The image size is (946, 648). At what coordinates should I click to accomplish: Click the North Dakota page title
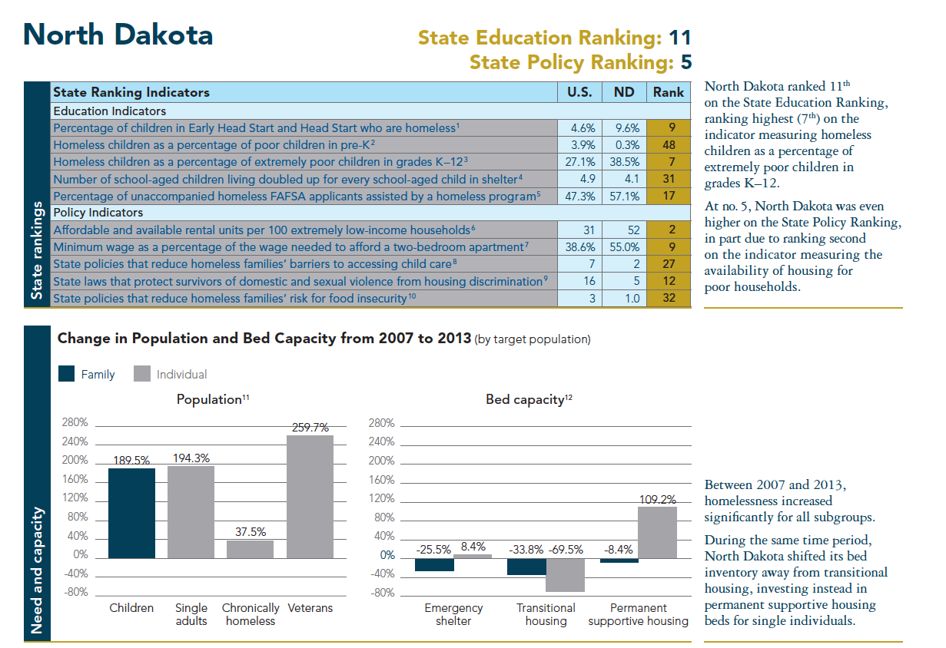pos(118,35)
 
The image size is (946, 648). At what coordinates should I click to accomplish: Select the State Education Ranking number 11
pos(679,38)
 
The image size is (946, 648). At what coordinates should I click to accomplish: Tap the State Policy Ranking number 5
pos(686,61)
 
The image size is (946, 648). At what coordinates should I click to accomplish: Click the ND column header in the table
pos(624,92)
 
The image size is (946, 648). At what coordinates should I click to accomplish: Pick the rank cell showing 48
pos(669,144)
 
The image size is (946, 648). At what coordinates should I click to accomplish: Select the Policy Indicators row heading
pos(98,213)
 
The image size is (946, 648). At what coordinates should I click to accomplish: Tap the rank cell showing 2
pos(669,230)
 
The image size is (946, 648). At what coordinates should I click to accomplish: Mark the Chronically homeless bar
pos(251,548)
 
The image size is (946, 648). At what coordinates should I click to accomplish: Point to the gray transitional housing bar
pos(566,574)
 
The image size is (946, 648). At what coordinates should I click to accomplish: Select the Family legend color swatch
pos(67,374)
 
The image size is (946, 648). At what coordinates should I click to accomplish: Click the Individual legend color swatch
pos(141,374)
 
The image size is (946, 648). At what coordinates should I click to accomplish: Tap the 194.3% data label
pos(191,458)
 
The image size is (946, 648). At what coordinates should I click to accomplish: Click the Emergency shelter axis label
pos(453,613)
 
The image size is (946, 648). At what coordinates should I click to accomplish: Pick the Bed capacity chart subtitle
pos(529,399)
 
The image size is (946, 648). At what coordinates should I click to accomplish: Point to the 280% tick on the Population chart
pos(75,423)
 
